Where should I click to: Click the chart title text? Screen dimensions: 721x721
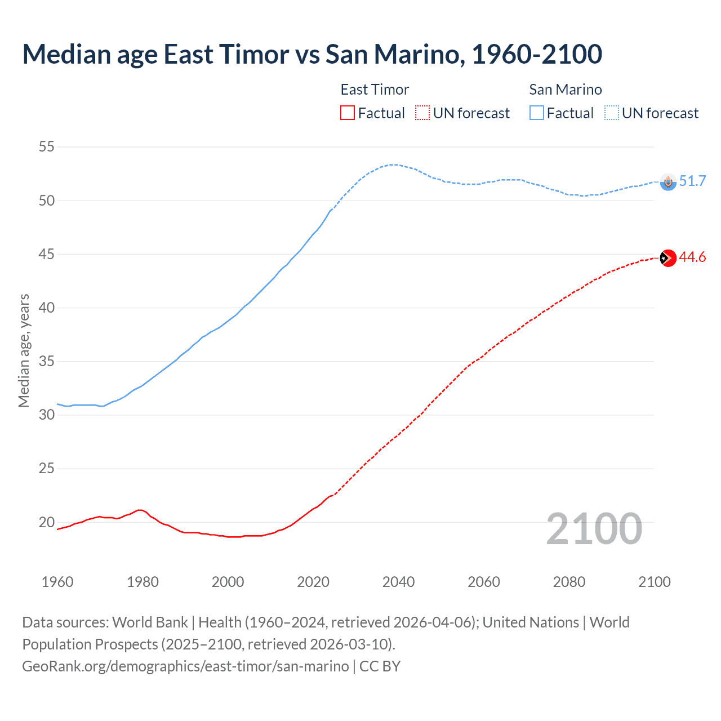pos(312,54)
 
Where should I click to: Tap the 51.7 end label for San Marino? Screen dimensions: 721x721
pos(692,181)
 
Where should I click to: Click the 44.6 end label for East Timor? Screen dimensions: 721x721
pos(692,257)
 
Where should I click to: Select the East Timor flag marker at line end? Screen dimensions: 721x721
pos(667,257)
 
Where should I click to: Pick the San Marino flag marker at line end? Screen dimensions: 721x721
pos(668,181)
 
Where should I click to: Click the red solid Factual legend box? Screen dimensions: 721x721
pos(348,113)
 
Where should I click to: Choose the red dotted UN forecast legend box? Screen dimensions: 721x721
pos(422,113)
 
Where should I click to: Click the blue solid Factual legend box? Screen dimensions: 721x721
pos(537,113)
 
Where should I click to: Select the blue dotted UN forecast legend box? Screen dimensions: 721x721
pos(612,113)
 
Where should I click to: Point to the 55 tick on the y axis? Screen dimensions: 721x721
pos(47,147)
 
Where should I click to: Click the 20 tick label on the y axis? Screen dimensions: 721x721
pos(47,522)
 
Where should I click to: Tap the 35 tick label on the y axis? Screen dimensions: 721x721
pos(47,361)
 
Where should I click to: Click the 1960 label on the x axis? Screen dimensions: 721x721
pos(57,582)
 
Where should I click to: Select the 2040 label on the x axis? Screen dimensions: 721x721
pos(398,582)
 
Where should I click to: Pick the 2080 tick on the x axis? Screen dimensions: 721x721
pos(569,582)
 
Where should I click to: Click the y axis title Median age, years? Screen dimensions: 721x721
pos(24,350)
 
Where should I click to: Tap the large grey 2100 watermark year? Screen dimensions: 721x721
pos(594,528)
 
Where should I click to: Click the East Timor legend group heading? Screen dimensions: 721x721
pos(375,90)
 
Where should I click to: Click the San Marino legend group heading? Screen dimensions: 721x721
pos(566,90)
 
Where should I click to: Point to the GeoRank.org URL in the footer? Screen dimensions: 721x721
pos(186,666)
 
